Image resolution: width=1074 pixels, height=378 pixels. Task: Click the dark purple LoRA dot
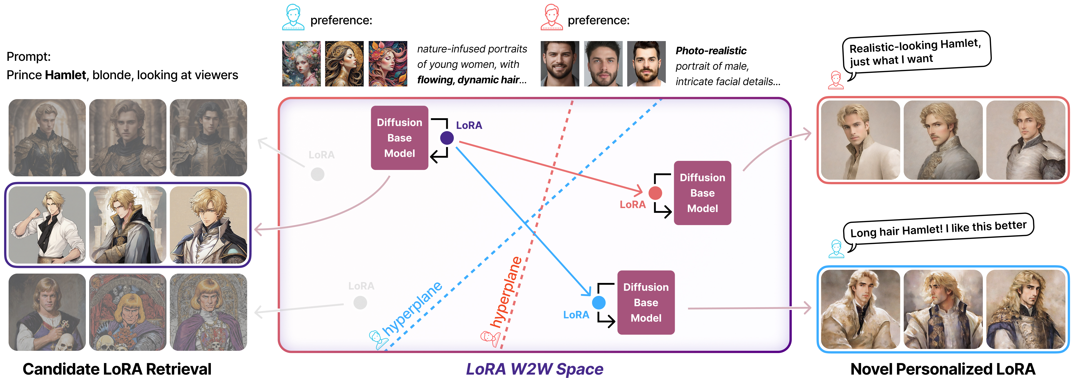click(447, 138)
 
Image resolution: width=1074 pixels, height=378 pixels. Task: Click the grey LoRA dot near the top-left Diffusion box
click(318, 174)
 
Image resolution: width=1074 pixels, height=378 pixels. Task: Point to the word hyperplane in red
click(505, 292)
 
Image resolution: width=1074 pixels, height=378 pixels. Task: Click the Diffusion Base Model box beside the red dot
click(702, 193)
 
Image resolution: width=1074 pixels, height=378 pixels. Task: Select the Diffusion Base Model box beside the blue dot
click(646, 303)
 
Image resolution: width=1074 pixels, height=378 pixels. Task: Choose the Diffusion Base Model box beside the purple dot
click(399, 138)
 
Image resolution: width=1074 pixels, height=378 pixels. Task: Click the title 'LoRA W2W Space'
click(535, 369)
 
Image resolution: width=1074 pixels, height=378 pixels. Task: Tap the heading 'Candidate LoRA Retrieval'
click(117, 369)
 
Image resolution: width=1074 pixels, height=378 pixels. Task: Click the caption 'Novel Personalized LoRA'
click(943, 369)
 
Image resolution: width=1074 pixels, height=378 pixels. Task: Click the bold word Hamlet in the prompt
click(65, 75)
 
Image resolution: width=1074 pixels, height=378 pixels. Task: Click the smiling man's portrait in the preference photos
click(560, 63)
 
